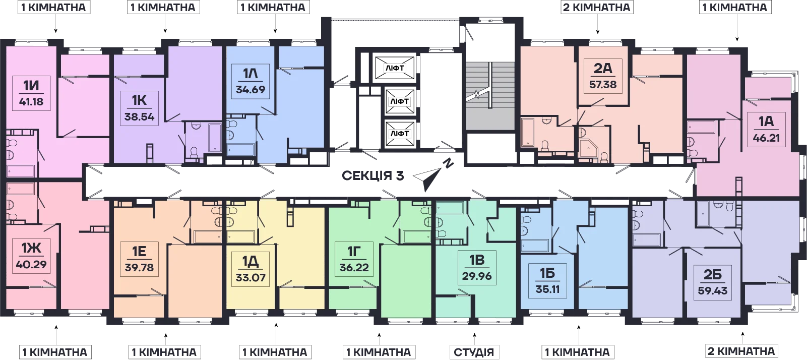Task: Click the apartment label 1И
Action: pos(31,87)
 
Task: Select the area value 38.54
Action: pos(140,117)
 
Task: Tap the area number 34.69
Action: pos(251,89)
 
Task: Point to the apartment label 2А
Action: pos(603,68)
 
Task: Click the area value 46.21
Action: pos(766,138)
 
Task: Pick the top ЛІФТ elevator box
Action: pos(395,68)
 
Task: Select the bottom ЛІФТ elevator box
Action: pos(400,134)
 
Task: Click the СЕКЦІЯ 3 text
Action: pos(373,176)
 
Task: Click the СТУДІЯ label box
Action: pos(474,352)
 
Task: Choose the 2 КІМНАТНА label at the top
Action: pos(597,7)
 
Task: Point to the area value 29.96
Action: pos(477,276)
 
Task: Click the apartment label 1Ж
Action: pos(31,248)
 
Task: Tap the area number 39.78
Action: pos(139,268)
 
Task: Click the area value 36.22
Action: pos(354,268)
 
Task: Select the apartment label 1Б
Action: pos(547,274)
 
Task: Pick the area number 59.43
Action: pos(713,290)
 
